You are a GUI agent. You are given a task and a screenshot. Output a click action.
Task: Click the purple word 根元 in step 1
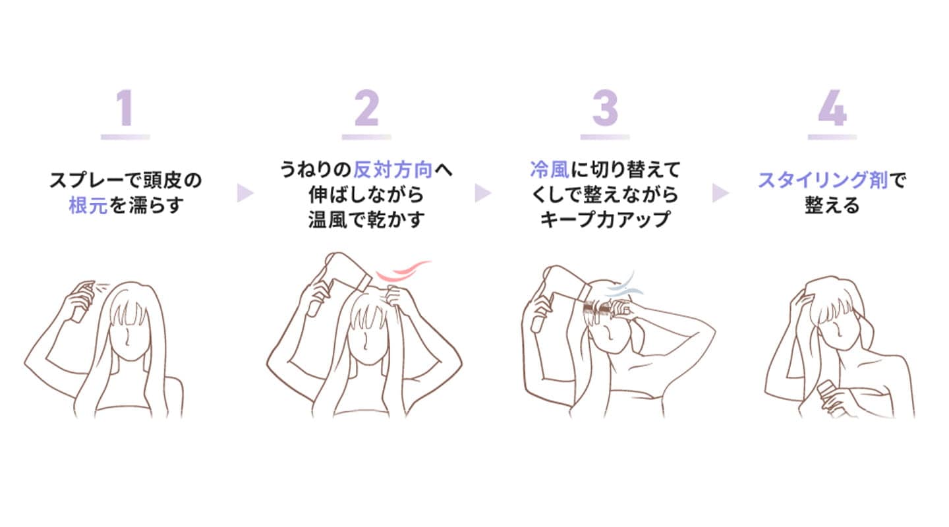[x=88, y=206]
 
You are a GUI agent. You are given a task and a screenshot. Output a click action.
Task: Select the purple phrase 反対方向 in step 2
[x=393, y=170]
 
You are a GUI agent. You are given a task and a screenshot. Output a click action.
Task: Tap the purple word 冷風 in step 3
[x=550, y=169]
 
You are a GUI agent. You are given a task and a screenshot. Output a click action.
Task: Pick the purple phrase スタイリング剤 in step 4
[x=822, y=180]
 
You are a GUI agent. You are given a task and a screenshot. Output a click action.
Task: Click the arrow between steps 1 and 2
[x=245, y=193]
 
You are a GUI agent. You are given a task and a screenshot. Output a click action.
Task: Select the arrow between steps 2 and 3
[x=483, y=193]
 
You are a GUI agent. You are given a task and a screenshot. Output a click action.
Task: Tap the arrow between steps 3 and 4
[x=721, y=193]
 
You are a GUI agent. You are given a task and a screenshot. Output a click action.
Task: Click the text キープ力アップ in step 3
[x=605, y=219]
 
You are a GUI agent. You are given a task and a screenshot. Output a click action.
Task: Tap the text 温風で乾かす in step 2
[x=366, y=219]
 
